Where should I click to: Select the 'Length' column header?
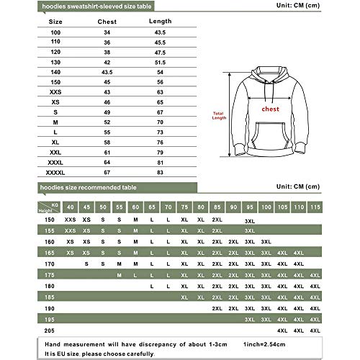point(160,21)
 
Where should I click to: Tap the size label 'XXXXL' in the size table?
point(55,174)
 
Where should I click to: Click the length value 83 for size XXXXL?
point(160,174)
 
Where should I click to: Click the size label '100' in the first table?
point(55,32)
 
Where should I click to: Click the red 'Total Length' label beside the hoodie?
point(219,116)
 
